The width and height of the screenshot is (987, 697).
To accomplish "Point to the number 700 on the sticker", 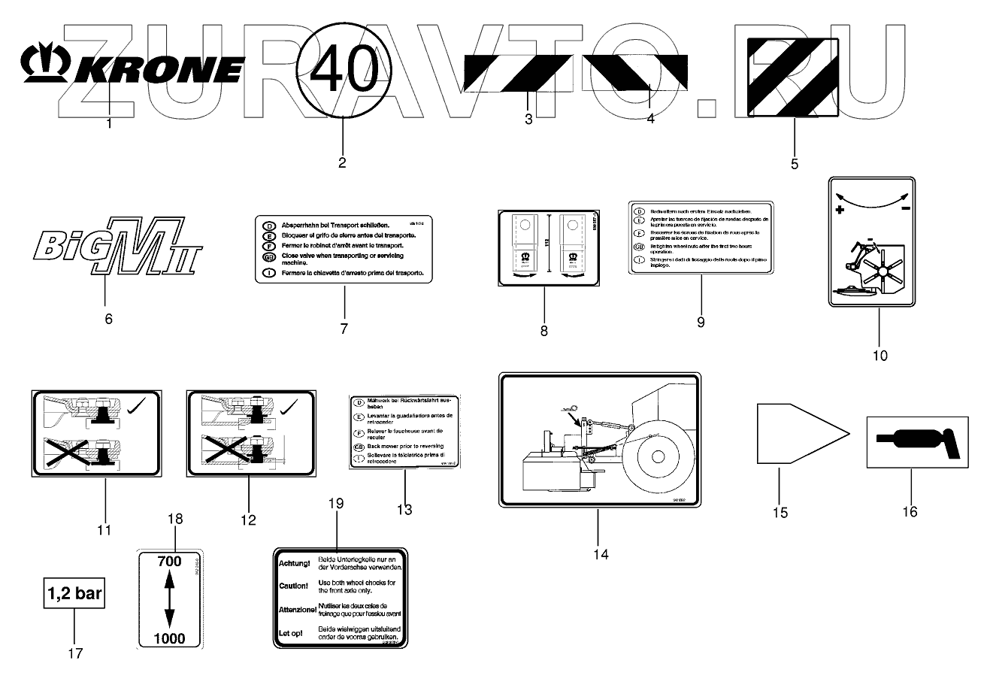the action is [x=169, y=561].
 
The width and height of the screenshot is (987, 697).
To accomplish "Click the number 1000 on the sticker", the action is [x=169, y=639].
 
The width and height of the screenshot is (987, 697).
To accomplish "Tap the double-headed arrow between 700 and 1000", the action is [x=169, y=599].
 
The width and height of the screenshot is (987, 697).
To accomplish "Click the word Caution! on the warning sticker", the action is [x=293, y=586].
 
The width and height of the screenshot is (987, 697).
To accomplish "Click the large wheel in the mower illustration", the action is [x=656, y=456].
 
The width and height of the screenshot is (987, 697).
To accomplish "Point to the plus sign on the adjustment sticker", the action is [x=839, y=211].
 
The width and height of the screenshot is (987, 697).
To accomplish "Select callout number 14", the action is [x=600, y=555].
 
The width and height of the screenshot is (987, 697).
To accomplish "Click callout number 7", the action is [x=344, y=329].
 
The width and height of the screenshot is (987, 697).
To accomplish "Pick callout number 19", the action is [x=336, y=503].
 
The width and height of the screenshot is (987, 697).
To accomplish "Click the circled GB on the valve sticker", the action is [x=268, y=256].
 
